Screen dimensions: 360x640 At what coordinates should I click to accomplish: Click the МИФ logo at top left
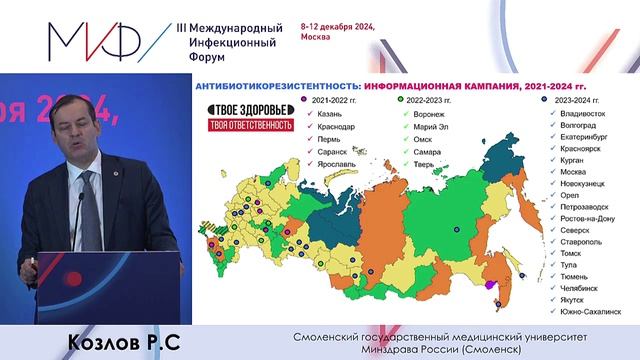95,38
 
